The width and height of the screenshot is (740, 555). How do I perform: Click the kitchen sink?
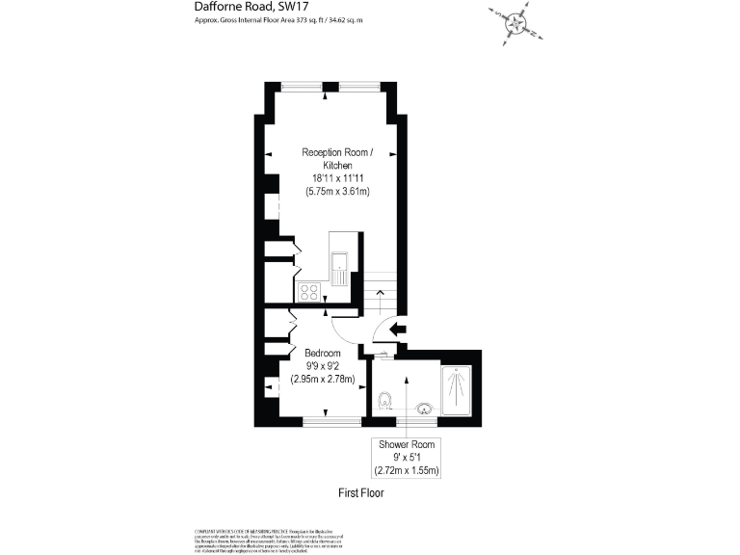point(339,268)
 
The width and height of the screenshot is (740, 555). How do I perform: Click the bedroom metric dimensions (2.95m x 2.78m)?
point(324,380)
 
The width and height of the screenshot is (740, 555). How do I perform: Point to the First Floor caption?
point(360,493)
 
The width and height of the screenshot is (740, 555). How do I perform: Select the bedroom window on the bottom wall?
point(331,420)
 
